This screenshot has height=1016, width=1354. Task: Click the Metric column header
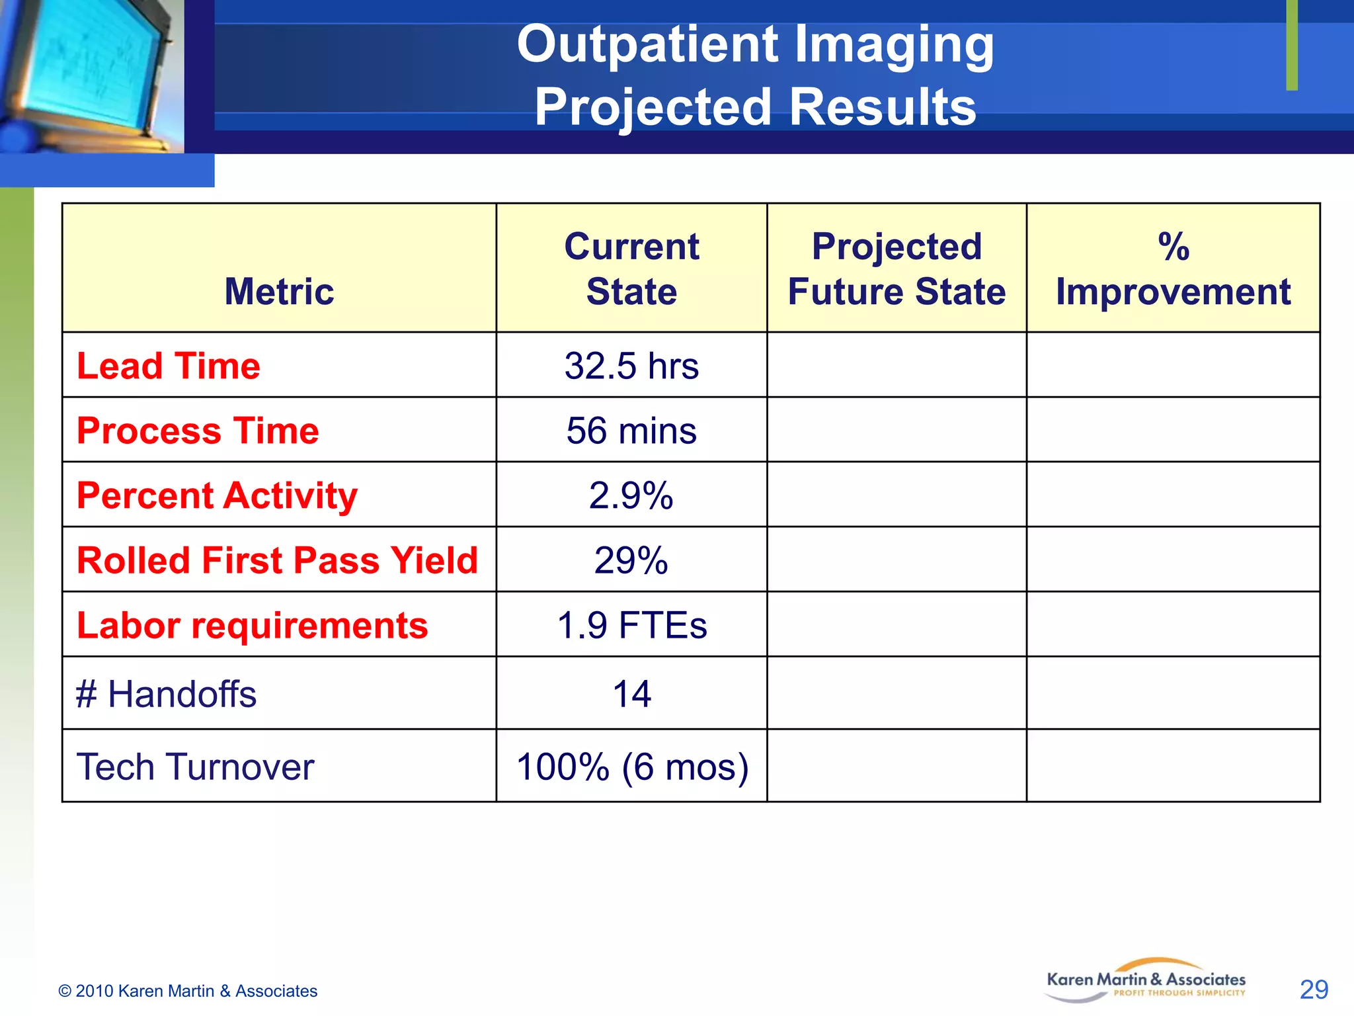tap(279, 292)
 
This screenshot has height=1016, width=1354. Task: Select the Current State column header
tap(631, 269)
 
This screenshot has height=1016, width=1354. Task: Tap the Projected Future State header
tap(896, 269)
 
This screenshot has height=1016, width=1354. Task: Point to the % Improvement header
tap(1173, 269)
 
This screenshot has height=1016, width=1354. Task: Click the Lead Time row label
tap(169, 366)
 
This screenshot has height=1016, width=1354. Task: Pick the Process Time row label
tap(198, 431)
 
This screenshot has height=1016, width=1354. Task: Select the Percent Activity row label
tap(217, 495)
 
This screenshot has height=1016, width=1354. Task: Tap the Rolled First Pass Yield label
tap(277, 560)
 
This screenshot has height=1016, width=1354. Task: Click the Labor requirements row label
tap(252, 625)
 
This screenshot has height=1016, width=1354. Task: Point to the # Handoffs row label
tap(166, 695)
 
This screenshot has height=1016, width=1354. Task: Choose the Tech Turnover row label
tap(195, 767)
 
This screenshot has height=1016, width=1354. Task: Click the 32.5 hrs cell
tap(631, 366)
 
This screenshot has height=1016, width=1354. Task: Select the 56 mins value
tap(631, 431)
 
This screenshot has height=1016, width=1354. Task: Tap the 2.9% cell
tap(631, 495)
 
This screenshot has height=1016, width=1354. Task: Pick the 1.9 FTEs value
tap(631, 625)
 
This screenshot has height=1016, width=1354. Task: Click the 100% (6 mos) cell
tap(632, 767)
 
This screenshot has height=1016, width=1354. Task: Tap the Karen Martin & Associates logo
tap(1146, 981)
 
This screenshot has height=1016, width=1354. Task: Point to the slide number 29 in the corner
tap(1314, 990)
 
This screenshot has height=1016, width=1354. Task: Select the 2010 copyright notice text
tap(188, 991)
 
